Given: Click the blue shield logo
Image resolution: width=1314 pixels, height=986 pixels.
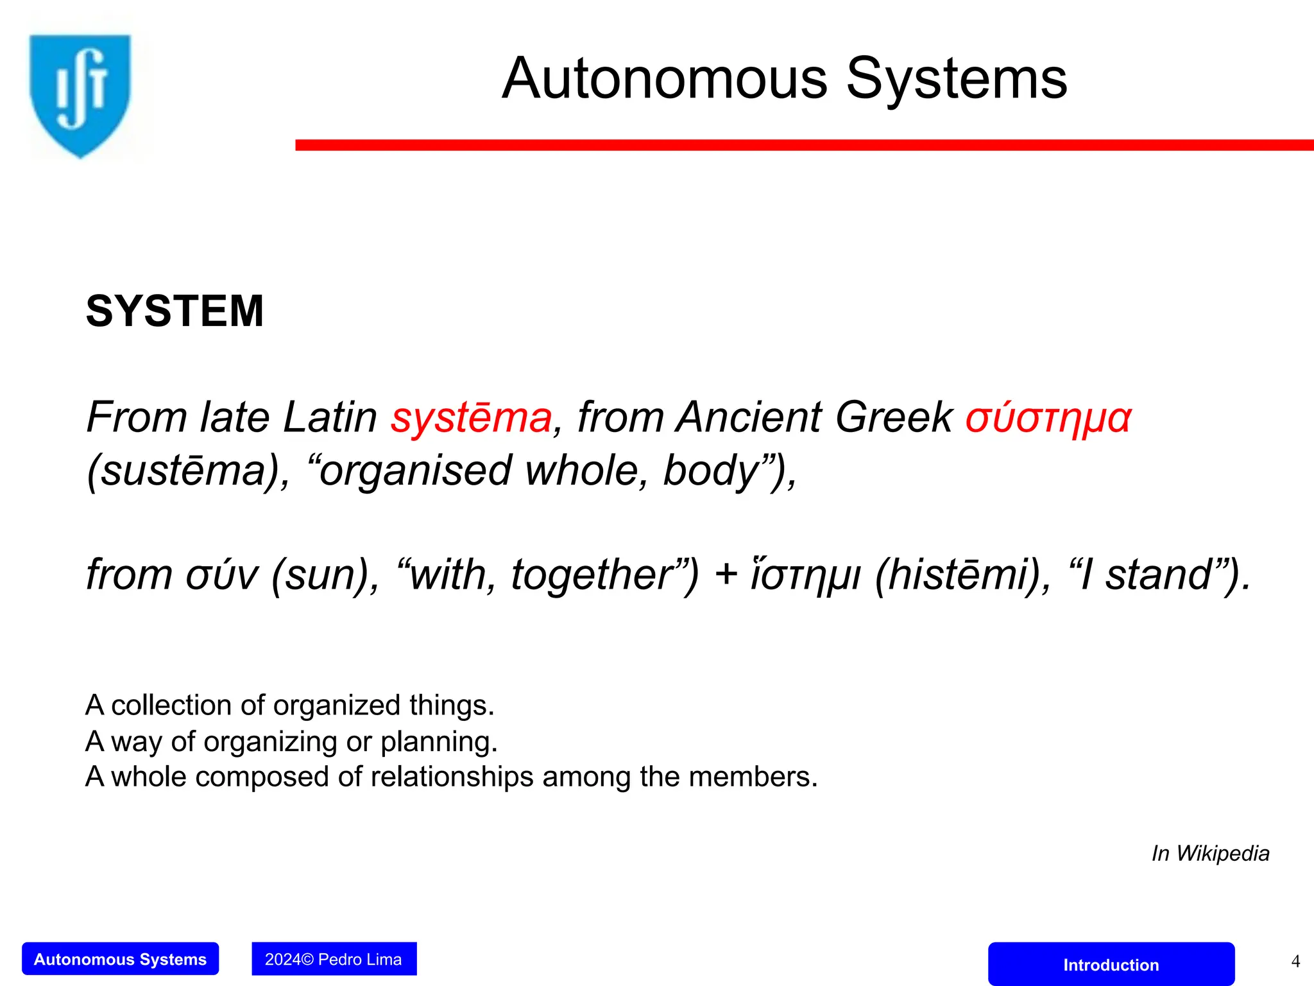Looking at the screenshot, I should click(80, 95).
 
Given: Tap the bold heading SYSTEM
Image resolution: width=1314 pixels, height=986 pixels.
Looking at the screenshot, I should click(175, 311).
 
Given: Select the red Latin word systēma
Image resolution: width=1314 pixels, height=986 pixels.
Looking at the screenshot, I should click(472, 417).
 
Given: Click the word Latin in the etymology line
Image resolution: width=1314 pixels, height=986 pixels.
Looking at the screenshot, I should click(330, 417).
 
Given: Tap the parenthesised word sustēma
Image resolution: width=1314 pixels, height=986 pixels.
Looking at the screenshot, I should click(183, 471).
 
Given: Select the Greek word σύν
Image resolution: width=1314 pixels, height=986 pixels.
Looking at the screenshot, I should click(222, 575).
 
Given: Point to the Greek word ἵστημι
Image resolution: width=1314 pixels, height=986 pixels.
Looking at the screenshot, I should click(805, 575).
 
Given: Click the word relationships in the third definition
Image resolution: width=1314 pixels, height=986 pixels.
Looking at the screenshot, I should click(452, 777).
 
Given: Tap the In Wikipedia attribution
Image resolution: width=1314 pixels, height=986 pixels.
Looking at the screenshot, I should click(1210, 854).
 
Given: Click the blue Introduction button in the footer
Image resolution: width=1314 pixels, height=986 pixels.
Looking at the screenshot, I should click(1111, 964).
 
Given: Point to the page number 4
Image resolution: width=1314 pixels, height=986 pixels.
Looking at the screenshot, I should click(1295, 962).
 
